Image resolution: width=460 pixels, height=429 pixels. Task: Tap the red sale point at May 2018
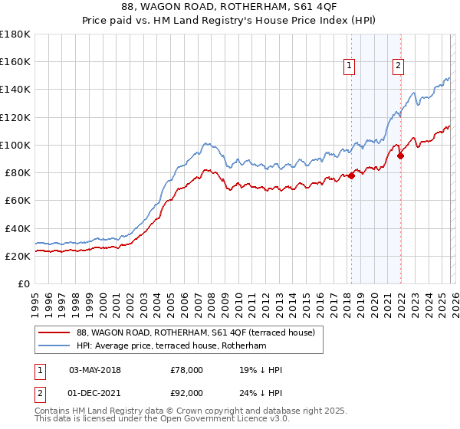point(351,175)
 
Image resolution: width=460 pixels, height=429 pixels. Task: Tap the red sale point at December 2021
point(400,156)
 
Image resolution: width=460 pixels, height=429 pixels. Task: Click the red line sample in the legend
point(55,332)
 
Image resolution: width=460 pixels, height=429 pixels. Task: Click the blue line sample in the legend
point(55,346)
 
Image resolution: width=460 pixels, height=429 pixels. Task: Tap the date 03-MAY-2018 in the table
point(100,370)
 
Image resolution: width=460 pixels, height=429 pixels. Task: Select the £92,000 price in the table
point(187,392)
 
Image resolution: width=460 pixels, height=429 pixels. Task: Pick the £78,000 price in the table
point(187,370)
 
